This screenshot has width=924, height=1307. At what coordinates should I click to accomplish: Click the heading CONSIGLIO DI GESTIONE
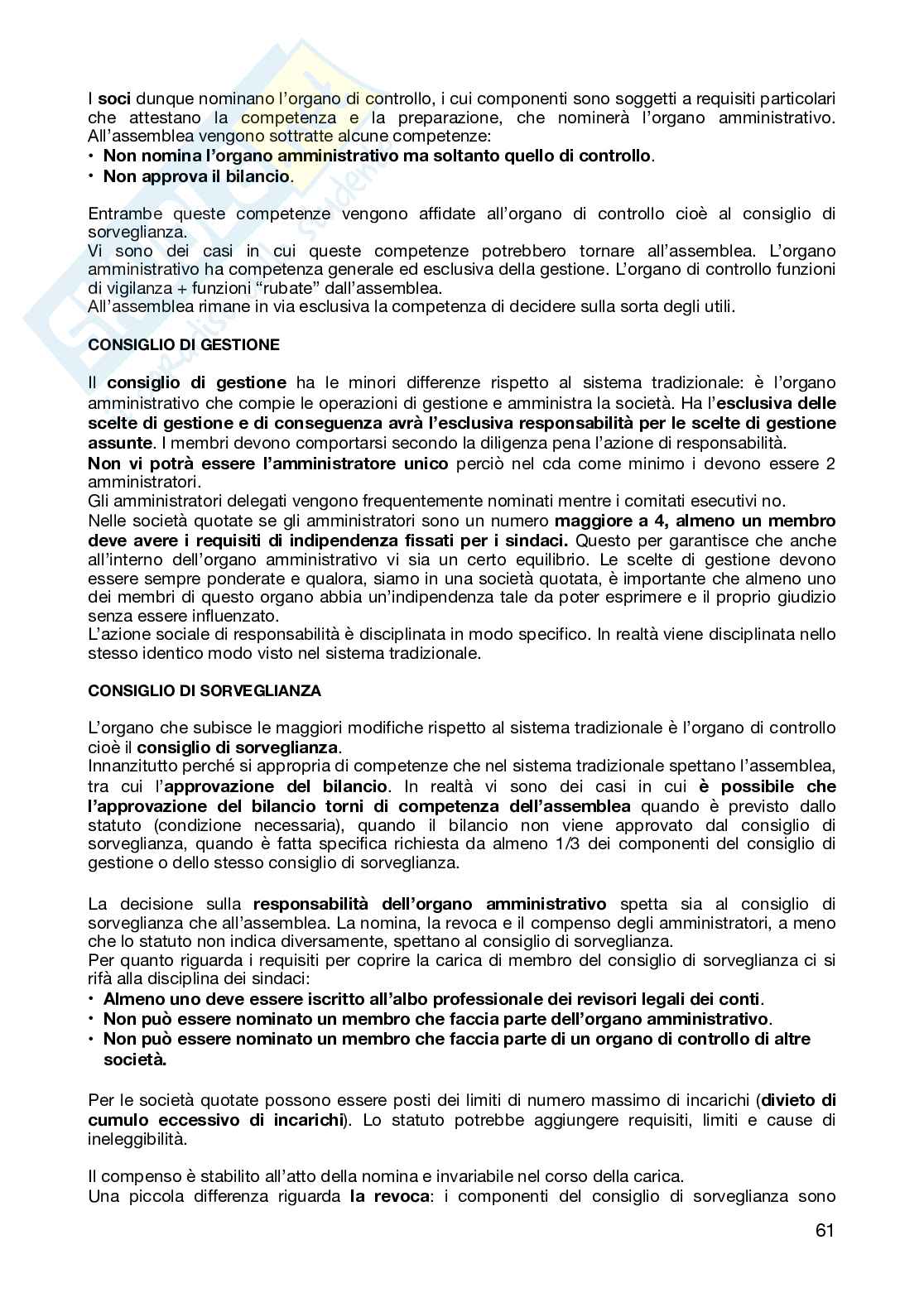tap(184, 345)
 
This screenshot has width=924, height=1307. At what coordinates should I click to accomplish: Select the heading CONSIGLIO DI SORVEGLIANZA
tap(205, 690)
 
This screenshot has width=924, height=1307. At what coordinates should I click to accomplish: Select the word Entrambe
tap(122, 214)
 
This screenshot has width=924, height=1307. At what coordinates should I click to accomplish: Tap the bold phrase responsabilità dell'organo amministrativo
tap(430, 904)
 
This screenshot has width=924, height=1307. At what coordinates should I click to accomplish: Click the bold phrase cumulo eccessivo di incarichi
tap(216, 1120)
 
